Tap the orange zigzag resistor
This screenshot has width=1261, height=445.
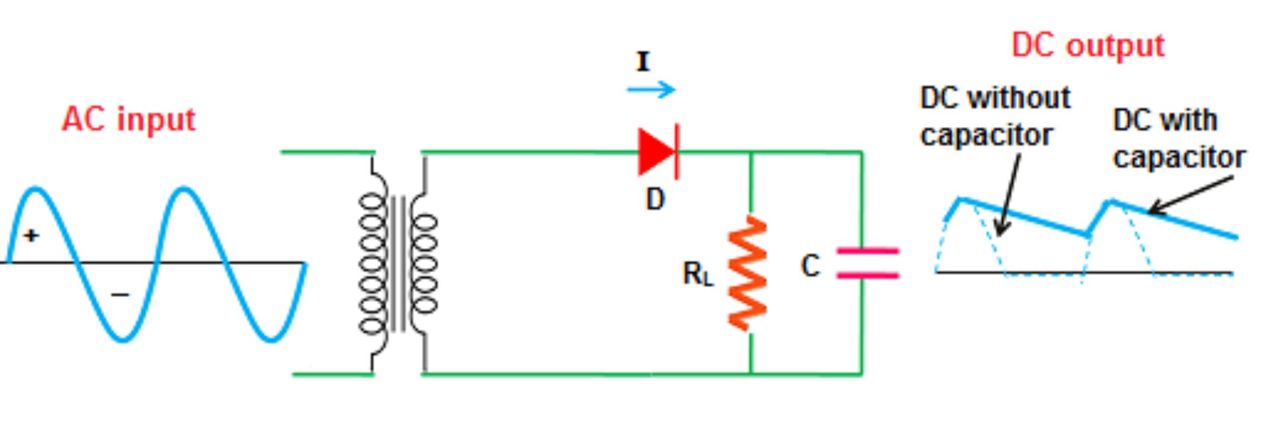(x=748, y=274)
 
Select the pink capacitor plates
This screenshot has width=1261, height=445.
(x=867, y=263)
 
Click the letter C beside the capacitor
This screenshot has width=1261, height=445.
(x=810, y=266)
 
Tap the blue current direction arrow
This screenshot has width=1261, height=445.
(x=651, y=90)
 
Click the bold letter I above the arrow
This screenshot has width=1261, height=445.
(x=643, y=62)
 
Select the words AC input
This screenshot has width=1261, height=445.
(x=128, y=119)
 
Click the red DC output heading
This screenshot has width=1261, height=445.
(x=1088, y=46)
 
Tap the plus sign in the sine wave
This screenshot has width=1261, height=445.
(x=31, y=236)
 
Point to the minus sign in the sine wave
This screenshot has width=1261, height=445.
(x=120, y=294)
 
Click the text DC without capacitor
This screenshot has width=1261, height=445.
(x=994, y=116)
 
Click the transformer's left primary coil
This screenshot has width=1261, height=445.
(x=371, y=264)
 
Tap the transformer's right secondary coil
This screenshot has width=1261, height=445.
(x=425, y=264)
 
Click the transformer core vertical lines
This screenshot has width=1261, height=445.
(x=398, y=264)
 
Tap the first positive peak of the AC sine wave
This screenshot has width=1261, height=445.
(x=36, y=190)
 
